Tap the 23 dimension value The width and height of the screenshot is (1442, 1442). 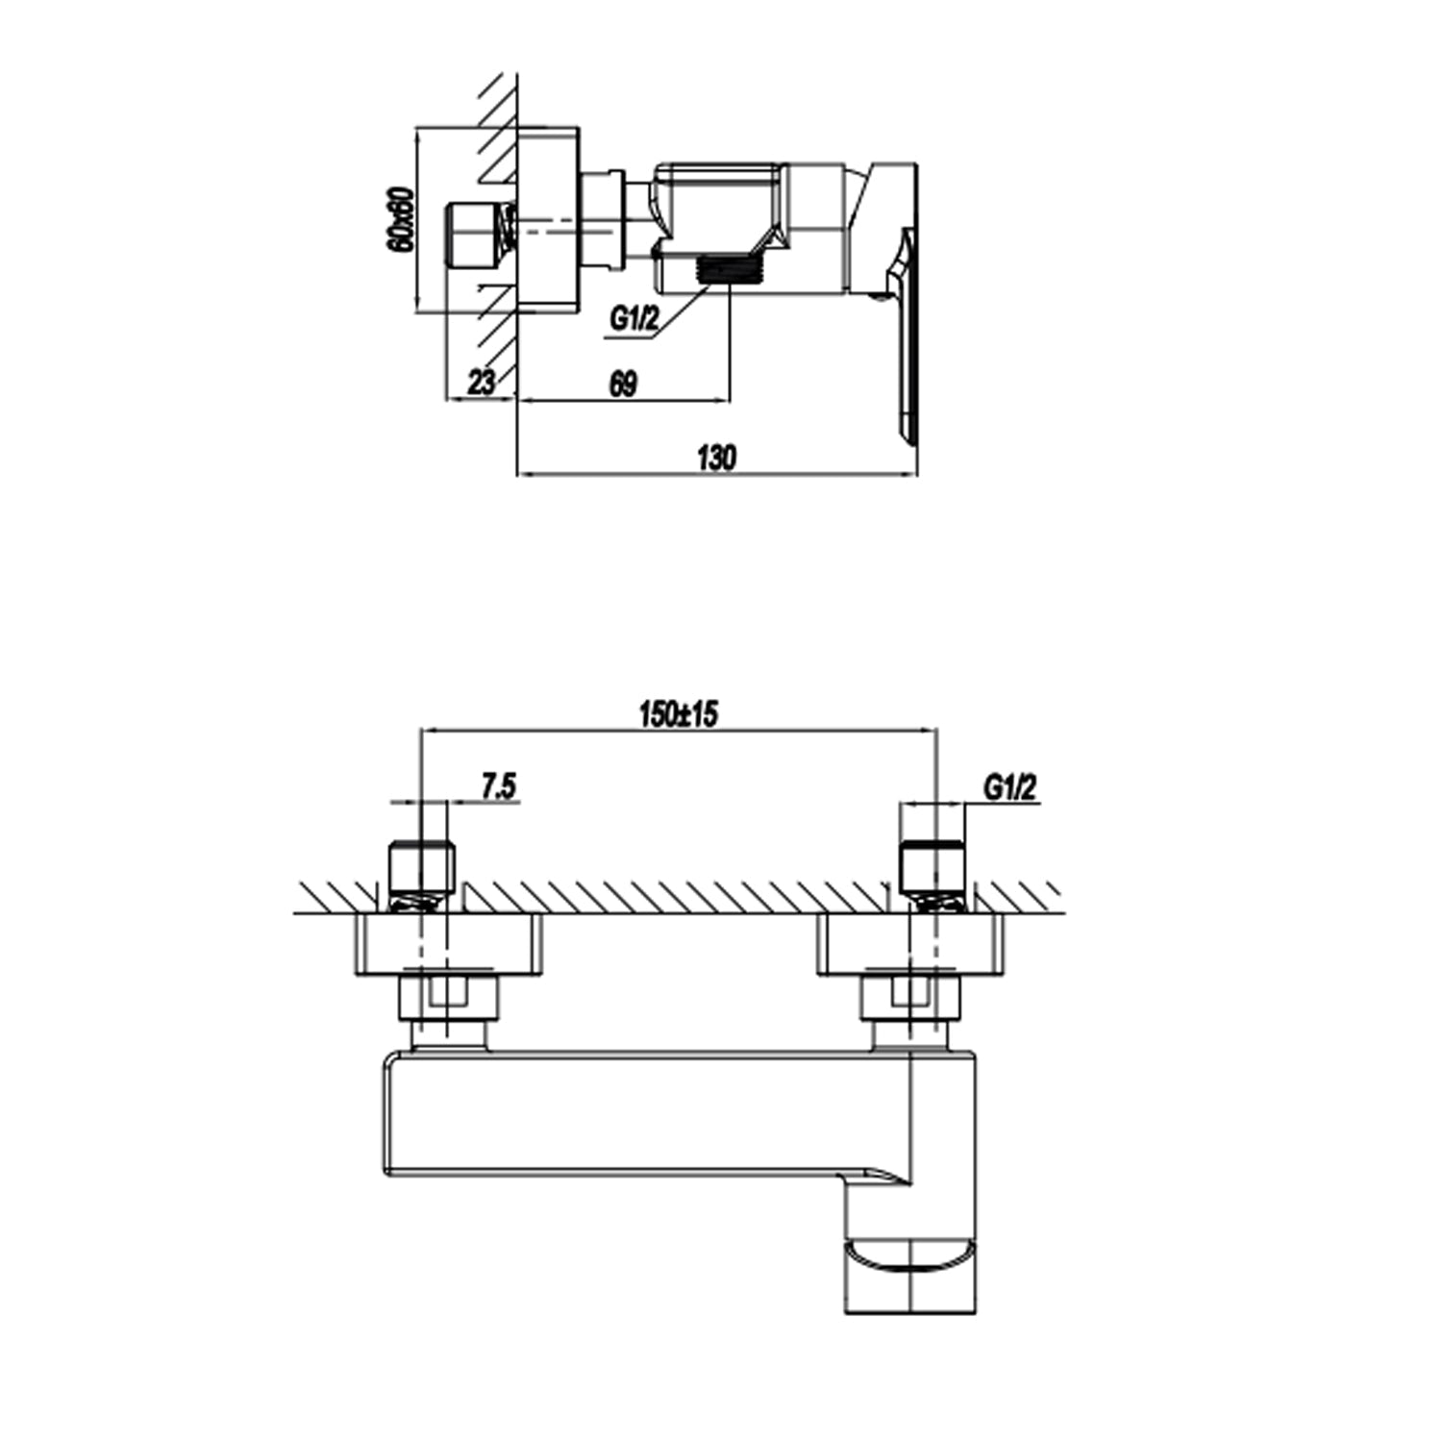coord(482,383)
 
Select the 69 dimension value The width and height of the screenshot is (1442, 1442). coord(623,384)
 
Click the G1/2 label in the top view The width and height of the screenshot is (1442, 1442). coord(634,320)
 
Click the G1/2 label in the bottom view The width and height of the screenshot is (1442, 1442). coord(1010,788)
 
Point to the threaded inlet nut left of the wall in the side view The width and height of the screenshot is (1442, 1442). coord(478,236)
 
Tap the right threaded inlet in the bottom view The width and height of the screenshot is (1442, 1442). coord(932,869)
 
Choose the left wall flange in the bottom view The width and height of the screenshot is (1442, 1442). coord(448,945)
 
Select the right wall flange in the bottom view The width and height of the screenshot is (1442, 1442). coord(910,945)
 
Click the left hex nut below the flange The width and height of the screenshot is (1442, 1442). coord(448,999)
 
